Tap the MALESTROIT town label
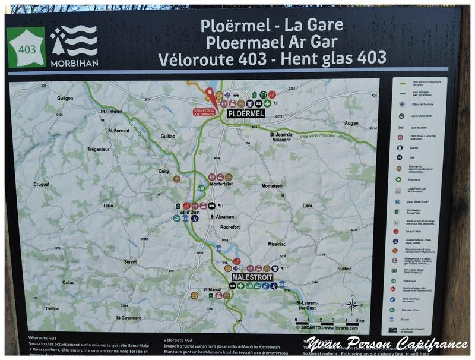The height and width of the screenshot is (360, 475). coord(252,277)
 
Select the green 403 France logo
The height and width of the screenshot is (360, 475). coord(26,46)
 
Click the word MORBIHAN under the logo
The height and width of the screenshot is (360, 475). coord(74,62)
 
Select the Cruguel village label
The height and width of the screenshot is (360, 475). coord(42,184)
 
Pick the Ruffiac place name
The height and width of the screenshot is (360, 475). coord(344,268)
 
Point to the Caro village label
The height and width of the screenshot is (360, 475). coord(307,206)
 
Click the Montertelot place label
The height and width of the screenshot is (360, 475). coord(220,184)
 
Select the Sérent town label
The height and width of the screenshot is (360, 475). coord(130,261)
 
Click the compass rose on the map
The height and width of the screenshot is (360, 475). coord(352,305)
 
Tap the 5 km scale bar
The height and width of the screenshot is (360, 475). coord(328,321)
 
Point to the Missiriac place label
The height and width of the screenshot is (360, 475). coord(277,244)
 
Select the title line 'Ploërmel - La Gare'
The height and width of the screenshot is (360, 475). coord(272,25)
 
